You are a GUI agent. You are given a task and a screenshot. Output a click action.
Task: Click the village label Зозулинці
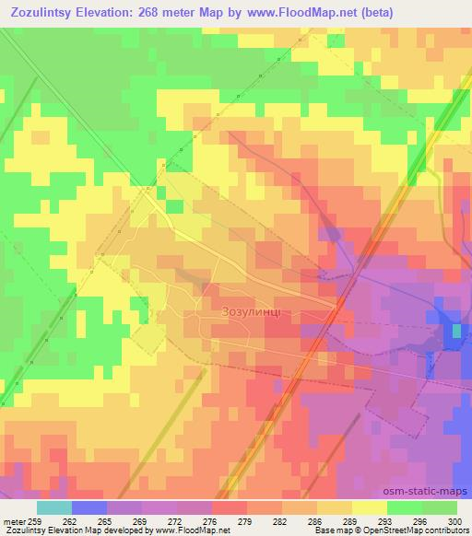click(257, 312)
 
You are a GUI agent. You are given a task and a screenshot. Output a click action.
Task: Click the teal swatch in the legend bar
click(53, 508)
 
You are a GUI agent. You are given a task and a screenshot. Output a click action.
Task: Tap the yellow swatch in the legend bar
click(369, 508)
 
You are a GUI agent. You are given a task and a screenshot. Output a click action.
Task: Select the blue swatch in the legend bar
click(89, 508)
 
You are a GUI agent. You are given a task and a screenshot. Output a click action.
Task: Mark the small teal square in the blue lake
click(455, 331)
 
